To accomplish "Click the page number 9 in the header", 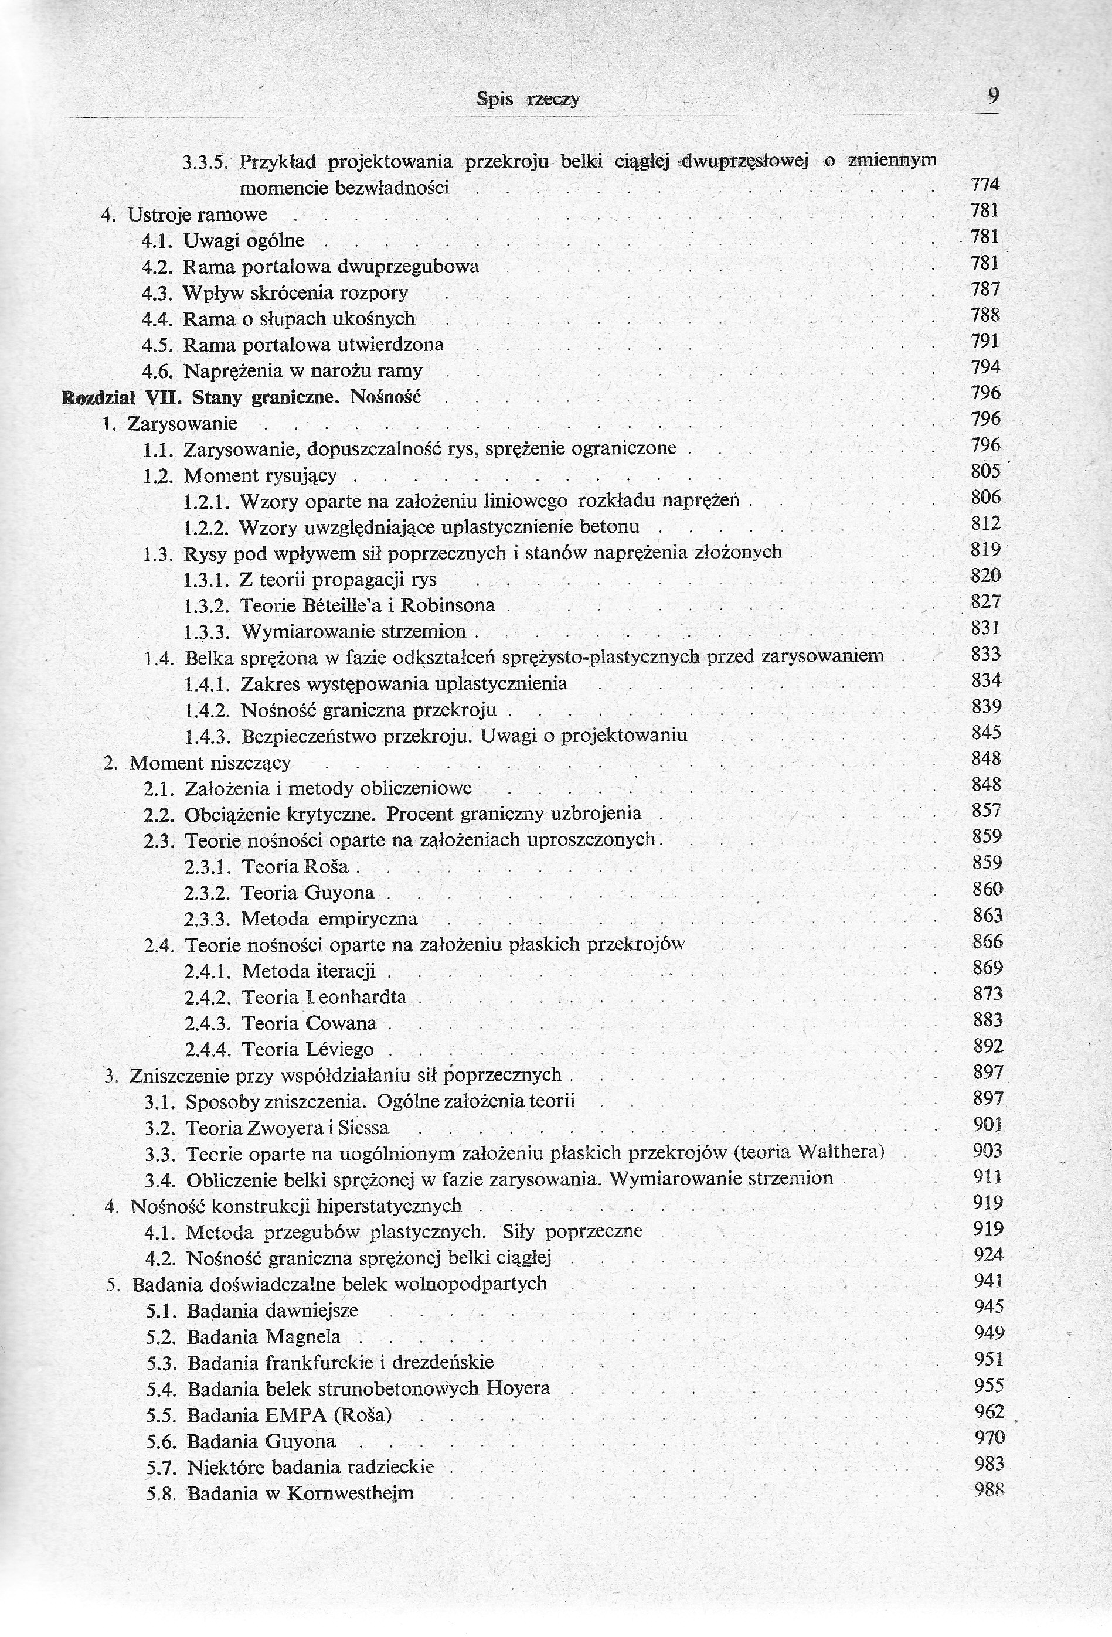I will point(993,95).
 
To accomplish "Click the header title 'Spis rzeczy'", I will point(528,99).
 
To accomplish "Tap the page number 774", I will point(985,185).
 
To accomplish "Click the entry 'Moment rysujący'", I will point(260,476).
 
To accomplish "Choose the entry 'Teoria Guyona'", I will point(307,893).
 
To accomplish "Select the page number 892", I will point(987,1046).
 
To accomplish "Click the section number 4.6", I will point(158,371).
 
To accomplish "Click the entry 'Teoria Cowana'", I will point(310,1023).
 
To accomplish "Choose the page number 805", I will point(985,471).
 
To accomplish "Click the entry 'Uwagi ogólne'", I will point(244,241).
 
